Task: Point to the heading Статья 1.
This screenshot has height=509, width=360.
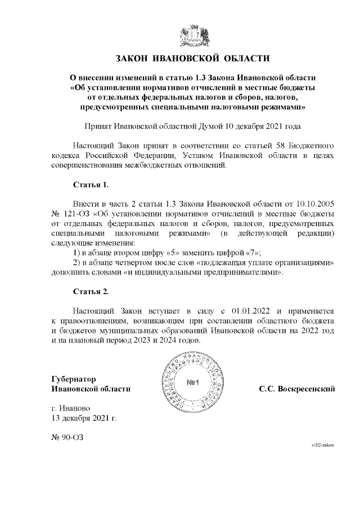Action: [x=91, y=184]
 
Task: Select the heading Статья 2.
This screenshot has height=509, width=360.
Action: [x=91, y=292]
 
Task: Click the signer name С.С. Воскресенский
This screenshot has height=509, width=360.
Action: [x=297, y=389]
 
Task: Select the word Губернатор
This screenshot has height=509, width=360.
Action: [x=73, y=379]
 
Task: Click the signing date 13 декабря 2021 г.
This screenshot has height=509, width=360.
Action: [x=83, y=418]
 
